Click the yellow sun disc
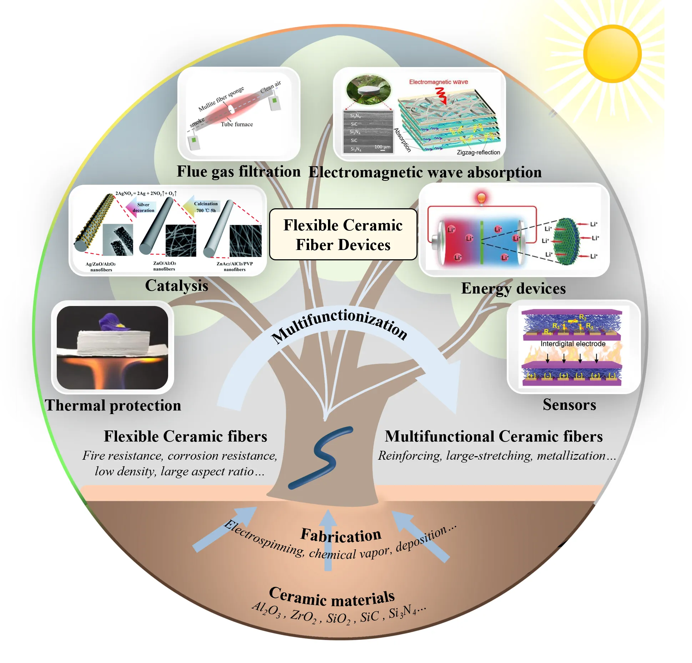pyautogui.click(x=612, y=53)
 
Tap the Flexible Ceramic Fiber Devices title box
pyautogui.click(x=343, y=235)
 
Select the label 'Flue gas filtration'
pyautogui.click(x=238, y=172)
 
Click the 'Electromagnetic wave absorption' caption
pyautogui.click(x=425, y=172)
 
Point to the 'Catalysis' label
pyautogui.click(x=176, y=286)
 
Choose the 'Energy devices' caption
pyautogui.click(x=513, y=289)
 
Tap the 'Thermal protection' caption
pyautogui.click(x=113, y=406)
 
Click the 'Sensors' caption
pyautogui.click(x=569, y=405)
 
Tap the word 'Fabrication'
pyautogui.click(x=341, y=535)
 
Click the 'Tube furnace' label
pyautogui.click(x=237, y=124)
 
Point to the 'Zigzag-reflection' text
pyautogui.click(x=478, y=153)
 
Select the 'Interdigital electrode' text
pyautogui.click(x=573, y=344)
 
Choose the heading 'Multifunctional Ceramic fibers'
pyautogui.click(x=494, y=437)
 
